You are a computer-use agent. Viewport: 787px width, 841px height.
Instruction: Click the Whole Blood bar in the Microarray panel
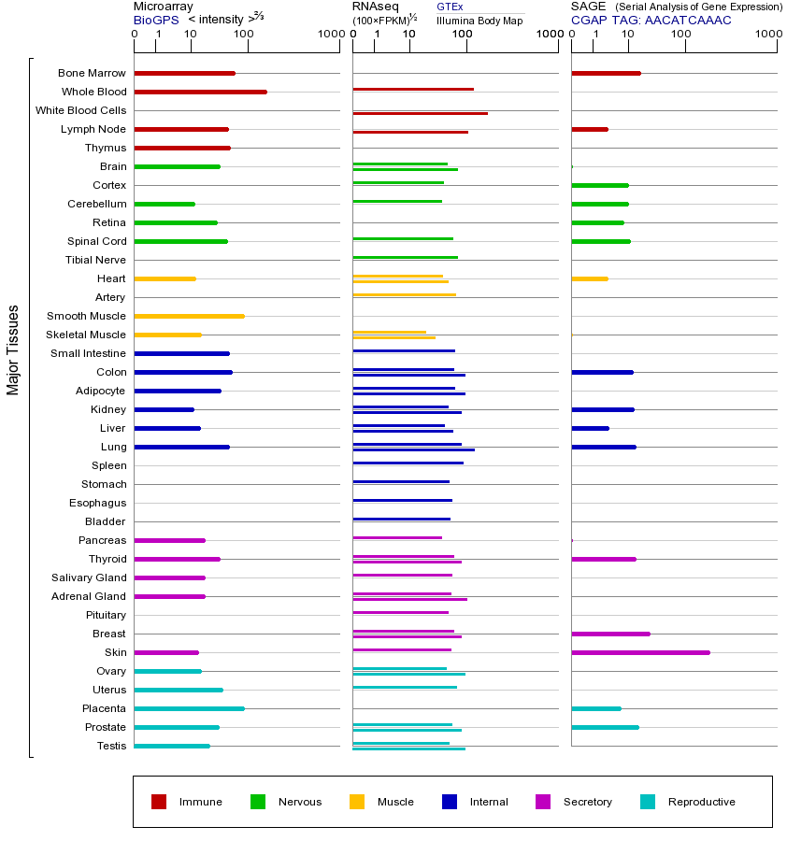click(200, 92)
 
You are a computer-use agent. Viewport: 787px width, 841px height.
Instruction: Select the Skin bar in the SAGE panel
click(640, 652)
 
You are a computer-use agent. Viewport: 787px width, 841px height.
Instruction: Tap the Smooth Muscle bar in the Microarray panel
click(189, 316)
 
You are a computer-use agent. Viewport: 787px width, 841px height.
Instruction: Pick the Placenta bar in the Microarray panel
click(189, 708)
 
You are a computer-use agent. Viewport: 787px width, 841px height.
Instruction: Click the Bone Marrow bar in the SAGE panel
click(606, 73)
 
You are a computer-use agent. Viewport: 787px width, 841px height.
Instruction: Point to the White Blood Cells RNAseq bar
click(420, 113)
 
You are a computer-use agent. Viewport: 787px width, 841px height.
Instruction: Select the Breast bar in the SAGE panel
click(610, 634)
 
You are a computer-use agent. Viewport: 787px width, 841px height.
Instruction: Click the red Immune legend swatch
click(159, 802)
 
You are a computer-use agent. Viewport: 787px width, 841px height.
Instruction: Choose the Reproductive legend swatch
click(648, 802)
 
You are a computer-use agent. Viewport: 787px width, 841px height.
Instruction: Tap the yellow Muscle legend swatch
click(357, 802)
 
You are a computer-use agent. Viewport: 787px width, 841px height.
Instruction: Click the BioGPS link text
click(156, 20)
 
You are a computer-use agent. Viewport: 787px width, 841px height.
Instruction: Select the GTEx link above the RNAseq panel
click(450, 7)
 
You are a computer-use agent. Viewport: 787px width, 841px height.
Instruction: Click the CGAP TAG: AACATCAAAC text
click(651, 20)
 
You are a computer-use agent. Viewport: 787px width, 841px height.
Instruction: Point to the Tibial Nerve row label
click(95, 260)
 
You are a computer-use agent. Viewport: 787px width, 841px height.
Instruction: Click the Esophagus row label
click(97, 503)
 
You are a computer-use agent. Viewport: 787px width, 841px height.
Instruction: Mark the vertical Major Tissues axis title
click(13, 349)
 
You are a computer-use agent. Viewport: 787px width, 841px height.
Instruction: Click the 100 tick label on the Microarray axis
click(243, 35)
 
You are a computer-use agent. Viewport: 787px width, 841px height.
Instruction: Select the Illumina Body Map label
click(479, 20)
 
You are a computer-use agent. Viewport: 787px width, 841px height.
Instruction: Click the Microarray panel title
click(164, 7)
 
